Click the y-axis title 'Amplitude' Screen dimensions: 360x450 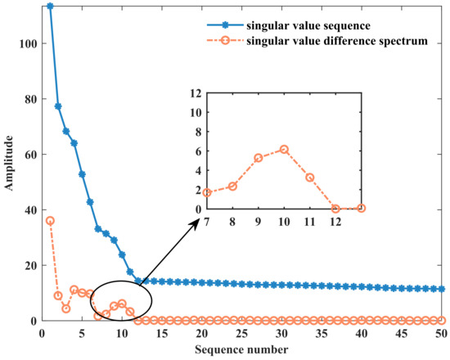tap(10, 164)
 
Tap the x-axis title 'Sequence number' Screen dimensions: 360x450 tap(241, 350)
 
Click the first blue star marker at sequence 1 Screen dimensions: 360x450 tap(50, 7)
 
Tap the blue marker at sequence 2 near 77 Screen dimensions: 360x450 tap(58, 106)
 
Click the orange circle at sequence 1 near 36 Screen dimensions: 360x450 tap(50, 221)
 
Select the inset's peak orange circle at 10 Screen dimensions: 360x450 tap(284, 149)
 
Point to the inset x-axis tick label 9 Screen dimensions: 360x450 tap(259, 220)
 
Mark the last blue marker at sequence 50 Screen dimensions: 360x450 tap(442, 289)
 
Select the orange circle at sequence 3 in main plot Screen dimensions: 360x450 tap(66, 308)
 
